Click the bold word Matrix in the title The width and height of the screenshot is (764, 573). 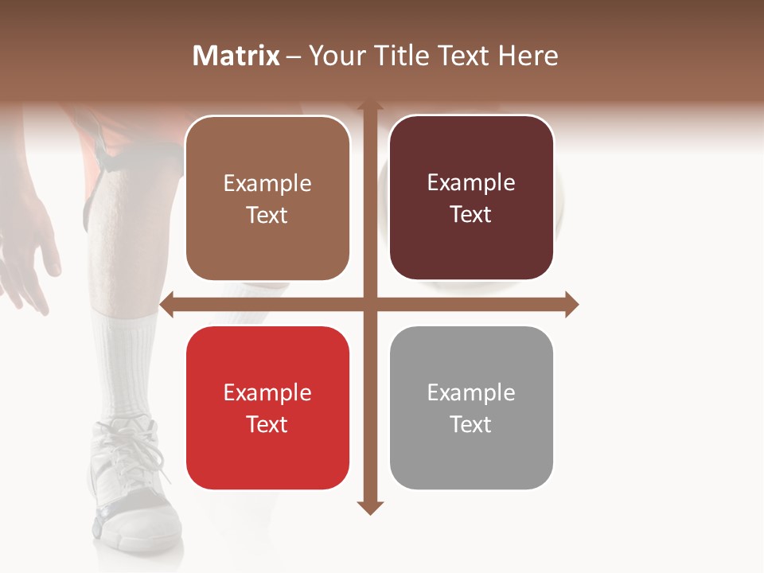tap(236, 56)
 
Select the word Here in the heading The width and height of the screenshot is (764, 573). tap(528, 56)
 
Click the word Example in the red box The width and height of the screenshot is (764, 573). tap(267, 393)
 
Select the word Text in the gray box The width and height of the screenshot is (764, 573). tap(471, 425)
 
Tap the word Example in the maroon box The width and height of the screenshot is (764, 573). tap(471, 183)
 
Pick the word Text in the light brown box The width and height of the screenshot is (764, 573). tap(267, 216)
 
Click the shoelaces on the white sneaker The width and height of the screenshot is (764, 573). tap(135, 454)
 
